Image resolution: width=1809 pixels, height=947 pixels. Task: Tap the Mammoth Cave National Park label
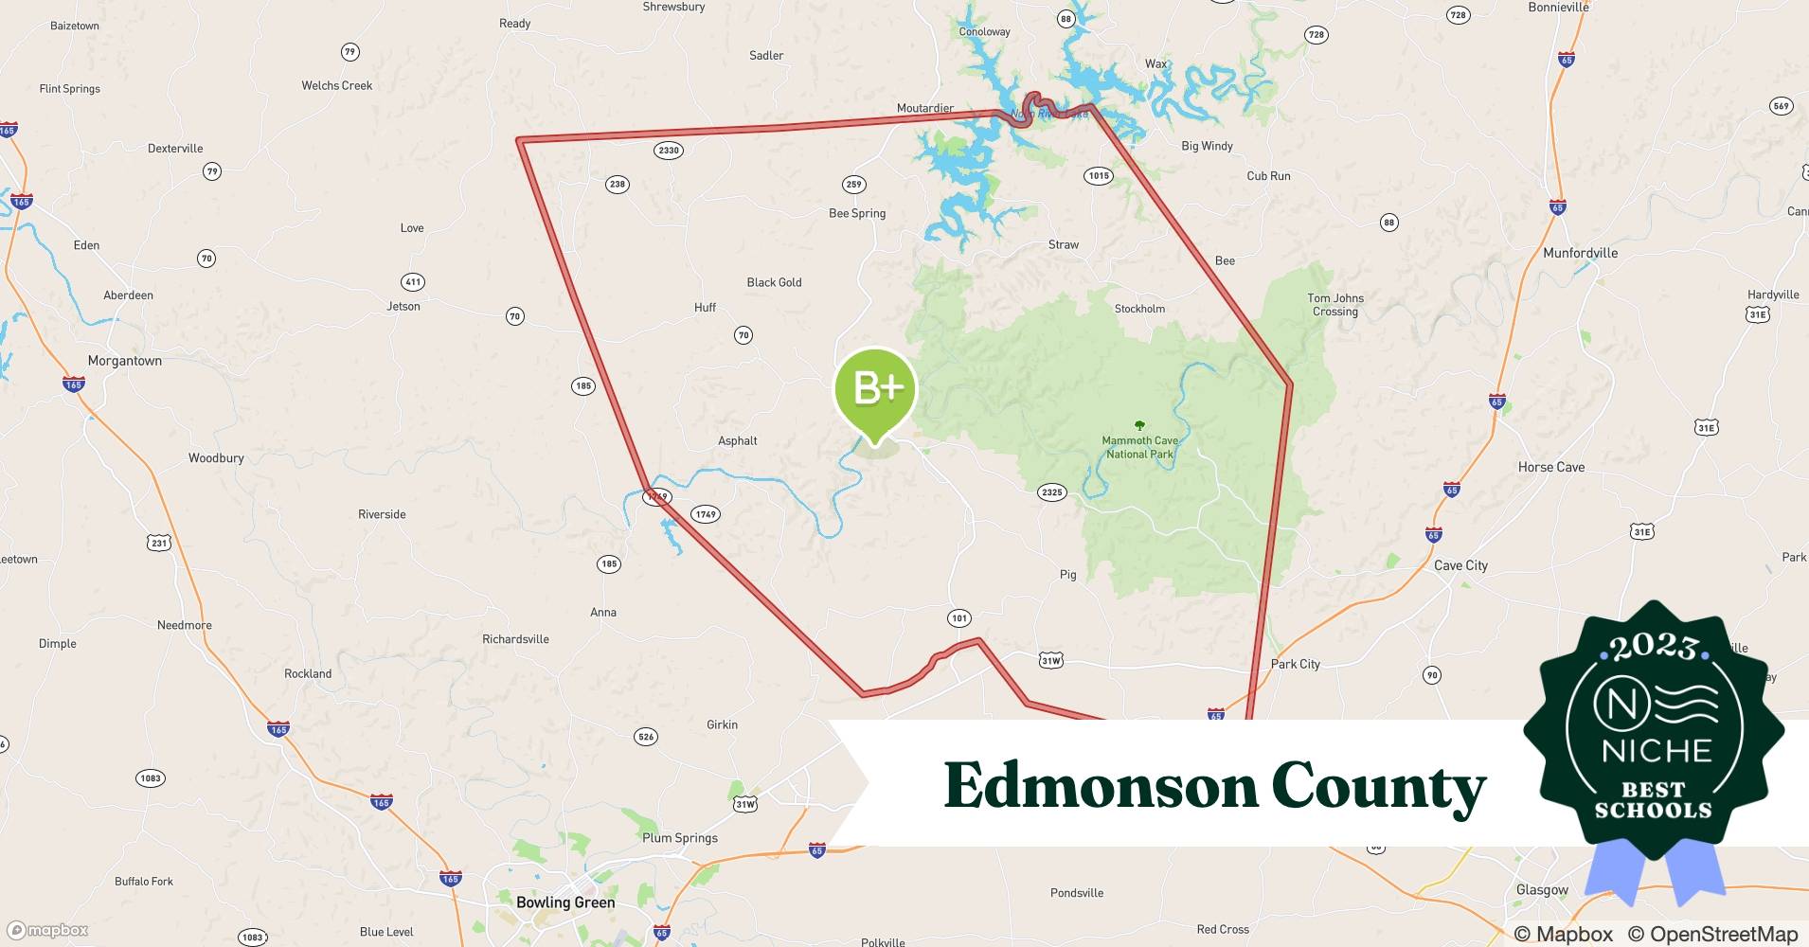pyautogui.click(x=1139, y=447)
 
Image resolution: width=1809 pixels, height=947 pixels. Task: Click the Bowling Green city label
pyautogui.click(x=565, y=902)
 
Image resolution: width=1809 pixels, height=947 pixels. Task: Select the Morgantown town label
pyautogui.click(x=124, y=361)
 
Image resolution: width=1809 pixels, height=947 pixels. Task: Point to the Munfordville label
pyautogui.click(x=1580, y=253)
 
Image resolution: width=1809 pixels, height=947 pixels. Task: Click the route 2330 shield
pyautogui.click(x=669, y=150)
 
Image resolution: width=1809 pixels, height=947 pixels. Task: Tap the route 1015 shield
pyautogui.click(x=1099, y=175)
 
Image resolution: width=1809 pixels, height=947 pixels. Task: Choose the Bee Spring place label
pyautogui.click(x=857, y=213)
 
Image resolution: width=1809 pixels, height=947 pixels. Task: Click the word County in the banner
pyautogui.click(x=1378, y=787)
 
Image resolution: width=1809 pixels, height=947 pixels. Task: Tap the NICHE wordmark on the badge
pyautogui.click(x=1657, y=751)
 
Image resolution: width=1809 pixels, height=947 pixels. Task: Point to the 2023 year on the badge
pyautogui.click(x=1654, y=647)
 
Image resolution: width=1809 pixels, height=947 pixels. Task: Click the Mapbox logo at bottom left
pyautogui.click(x=48, y=930)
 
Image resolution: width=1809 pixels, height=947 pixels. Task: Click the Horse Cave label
pyautogui.click(x=1550, y=467)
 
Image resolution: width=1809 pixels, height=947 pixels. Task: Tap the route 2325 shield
pyautogui.click(x=1051, y=491)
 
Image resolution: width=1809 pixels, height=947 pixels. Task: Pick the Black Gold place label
pyautogui.click(x=774, y=282)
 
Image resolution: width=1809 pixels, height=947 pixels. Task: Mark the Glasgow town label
pyautogui.click(x=1542, y=889)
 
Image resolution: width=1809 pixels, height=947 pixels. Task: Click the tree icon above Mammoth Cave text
pyautogui.click(x=1139, y=426)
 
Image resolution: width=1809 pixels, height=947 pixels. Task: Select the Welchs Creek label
pyautogui.click(x=336, y=85)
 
